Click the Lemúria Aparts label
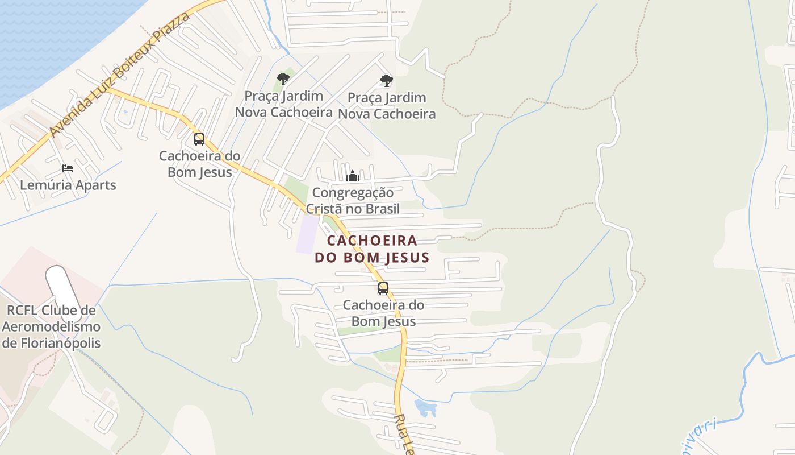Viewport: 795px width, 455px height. [x=68, y=185]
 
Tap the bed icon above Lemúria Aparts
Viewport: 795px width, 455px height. [x=68, y=168]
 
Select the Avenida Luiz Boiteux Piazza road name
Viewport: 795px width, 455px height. [x=119, y=75]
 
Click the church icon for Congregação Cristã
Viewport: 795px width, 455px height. [x=353, y=176]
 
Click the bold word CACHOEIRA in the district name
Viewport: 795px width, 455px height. [x=372, y=241]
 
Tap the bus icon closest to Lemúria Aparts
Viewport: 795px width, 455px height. [x=199, y=139]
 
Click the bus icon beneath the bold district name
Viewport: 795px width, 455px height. [x=383, y=288]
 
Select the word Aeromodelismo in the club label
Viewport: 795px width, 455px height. [x=51, y=326]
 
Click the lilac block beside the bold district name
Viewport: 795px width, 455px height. [x=307, y=234]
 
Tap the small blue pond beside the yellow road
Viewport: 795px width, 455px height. [x=425, y=407]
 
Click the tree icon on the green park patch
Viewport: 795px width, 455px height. [x=283, y=79]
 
